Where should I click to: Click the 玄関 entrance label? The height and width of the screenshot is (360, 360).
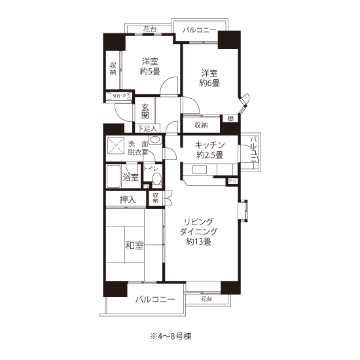(x=145, y=111)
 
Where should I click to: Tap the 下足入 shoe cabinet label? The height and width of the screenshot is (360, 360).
(x=147, y=128)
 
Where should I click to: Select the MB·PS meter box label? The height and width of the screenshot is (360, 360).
(x=121, y=96)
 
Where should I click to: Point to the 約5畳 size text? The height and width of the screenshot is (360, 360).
(x=150, y=71)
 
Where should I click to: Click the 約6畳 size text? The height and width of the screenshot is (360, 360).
(x=209, y=83)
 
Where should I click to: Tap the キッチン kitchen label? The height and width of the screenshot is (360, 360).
(x=209, y=145)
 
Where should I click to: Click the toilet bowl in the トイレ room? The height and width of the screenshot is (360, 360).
(x=157, y=179)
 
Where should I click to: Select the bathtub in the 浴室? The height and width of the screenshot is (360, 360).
(x=113, y=176)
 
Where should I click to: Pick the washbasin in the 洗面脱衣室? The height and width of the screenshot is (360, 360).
(x=154, y=139)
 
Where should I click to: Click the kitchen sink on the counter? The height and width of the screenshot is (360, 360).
(x=200, y=170)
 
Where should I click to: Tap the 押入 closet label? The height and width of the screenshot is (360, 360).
(x=128, y=200)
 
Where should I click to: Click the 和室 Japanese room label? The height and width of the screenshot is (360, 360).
(x=134, y=245)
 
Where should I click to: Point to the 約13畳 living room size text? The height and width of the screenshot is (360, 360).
(x=198, y=242)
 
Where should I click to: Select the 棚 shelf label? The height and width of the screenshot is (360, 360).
(x=230, y=118)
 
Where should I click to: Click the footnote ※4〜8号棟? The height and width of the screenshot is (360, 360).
(x=171, y=336)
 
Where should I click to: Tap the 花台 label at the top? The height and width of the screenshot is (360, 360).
(x=150, y=29)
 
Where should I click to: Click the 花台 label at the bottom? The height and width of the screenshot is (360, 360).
(x=206, y=299)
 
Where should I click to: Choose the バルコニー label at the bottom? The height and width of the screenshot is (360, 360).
(x=155, y=299)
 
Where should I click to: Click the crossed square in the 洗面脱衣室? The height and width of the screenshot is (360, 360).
(x=116, y=146)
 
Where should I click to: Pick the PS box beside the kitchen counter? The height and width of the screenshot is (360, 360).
(x=232, y=181)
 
